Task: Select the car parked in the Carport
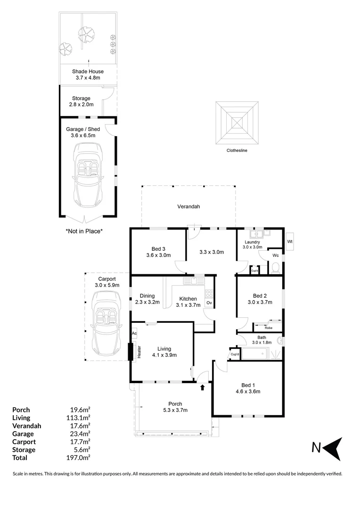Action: click(106, 324)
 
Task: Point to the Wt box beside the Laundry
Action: click(290, 242)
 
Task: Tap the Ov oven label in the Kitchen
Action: click(209, 303)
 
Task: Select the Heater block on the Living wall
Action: click(131, 352)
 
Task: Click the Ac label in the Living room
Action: click(134, 333)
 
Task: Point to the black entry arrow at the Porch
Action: click(203, 387)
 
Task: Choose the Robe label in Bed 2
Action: click(268, 328)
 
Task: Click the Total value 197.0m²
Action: click(79, 458)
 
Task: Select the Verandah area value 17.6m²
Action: click(79, 426)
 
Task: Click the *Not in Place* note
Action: click(84, 231)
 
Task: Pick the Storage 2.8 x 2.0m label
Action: click(81, 101)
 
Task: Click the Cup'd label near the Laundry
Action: click(254, 271)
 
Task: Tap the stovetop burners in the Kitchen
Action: click(209, 293)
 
